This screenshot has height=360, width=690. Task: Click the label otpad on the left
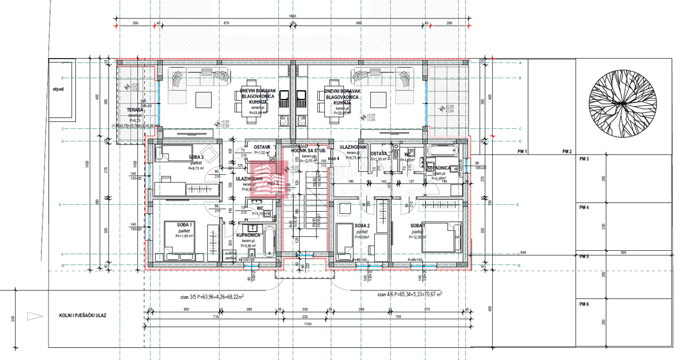57,89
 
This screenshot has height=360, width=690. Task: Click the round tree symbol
622,103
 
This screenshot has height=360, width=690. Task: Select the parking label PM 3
584,159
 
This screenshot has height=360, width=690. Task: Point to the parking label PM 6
584,304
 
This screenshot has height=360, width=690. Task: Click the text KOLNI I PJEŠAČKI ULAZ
83,315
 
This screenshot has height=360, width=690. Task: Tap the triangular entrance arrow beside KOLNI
35,315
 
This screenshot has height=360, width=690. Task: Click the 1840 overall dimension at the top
292,16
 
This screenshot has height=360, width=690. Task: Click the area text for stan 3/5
212,297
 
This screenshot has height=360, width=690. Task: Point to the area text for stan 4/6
409,294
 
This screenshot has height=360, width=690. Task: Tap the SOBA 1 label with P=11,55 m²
184,224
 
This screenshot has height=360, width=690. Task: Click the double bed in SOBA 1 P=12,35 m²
442,236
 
